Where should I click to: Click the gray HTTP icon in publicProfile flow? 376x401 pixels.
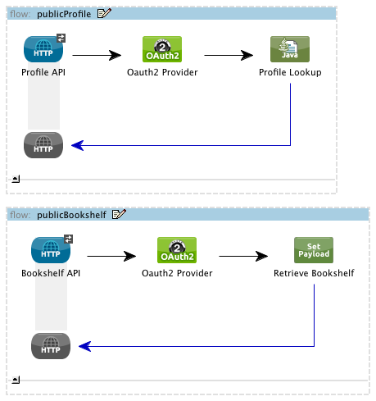click(43, 145)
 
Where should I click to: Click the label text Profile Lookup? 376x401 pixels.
click(290, 72)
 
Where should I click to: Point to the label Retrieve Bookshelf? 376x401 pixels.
click(314, 272)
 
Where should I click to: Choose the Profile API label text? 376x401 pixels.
click(44, 72)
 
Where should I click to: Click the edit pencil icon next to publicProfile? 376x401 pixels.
click(104, 13)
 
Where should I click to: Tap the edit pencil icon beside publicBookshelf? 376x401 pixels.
click(119, 215)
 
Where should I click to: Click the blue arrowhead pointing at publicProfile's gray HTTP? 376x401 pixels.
click(77, 145)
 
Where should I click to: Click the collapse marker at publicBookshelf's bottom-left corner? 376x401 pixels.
click(16, 379)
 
